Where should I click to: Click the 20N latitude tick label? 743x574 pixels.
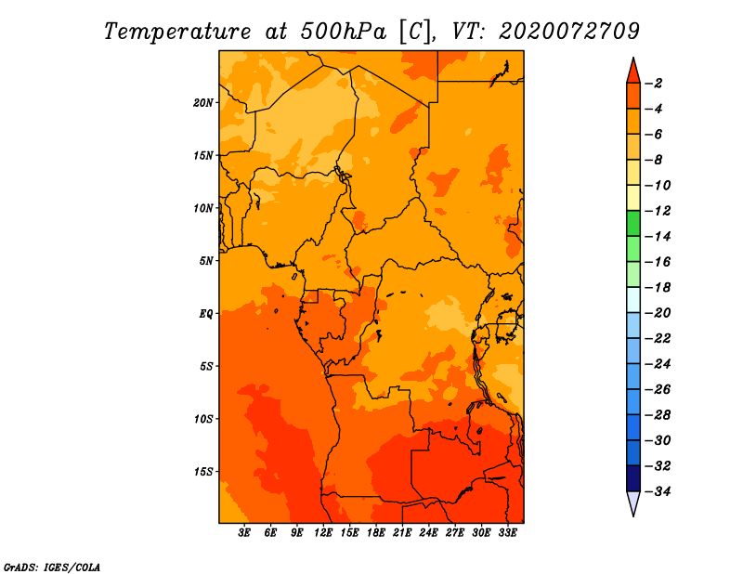[x=203, y=103]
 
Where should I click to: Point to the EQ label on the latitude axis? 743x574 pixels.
[x=206, y=314]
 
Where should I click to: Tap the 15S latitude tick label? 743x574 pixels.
[x=203, y=472]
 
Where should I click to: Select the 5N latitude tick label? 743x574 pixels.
[x=206, y=261]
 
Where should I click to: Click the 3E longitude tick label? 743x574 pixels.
[x=244, y=533]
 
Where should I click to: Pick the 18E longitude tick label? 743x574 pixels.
[x=376, y=533]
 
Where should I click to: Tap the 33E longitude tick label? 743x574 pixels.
[x=507, y=533]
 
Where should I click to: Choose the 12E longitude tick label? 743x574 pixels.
[x=323, y=533]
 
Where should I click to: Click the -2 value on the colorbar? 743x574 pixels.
[x=654, y=84]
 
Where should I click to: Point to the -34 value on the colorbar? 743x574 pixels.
[x=658, y=491]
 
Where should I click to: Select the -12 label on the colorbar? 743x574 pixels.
[x=658, y=211]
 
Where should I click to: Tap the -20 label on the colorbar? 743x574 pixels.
[x=658, y=313]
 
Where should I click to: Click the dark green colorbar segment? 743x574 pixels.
[x=633, y=224]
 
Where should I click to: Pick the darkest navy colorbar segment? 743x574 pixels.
[x=633, y=478]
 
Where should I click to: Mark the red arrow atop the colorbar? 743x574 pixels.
[x=633, y=71]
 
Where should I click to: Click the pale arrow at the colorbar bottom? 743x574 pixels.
[x=633, y=503]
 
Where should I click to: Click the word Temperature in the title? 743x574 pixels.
[x=177, y=32]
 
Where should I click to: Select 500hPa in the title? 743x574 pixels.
[x=344, y=32]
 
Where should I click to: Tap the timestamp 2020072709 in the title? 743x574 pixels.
[x=569, y=32]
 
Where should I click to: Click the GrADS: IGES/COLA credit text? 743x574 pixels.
[x=52, y=567]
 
